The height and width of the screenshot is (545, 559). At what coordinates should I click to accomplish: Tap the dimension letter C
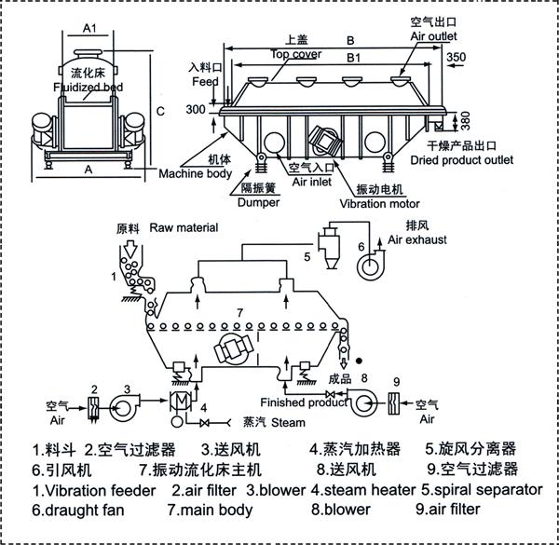(160, 113)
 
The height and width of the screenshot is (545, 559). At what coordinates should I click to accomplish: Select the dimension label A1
(91, 29)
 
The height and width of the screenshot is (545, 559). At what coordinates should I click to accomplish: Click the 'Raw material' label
(184, 227)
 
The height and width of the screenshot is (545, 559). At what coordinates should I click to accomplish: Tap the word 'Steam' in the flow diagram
(288, 423)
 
